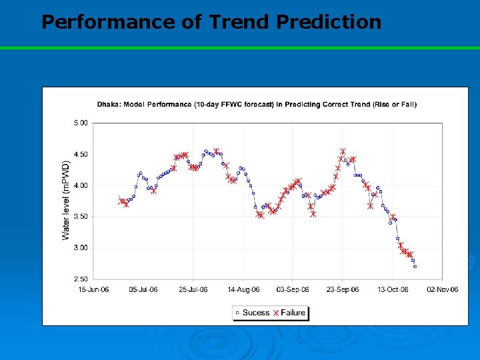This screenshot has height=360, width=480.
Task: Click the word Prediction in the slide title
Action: coord(328,22)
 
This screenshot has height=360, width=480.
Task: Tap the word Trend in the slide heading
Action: coord(239,22)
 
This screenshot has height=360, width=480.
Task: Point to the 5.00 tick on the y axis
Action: coord(80,123)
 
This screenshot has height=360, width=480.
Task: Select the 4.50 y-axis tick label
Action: coord(80,154)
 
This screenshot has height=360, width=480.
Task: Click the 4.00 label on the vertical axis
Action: coord(80,185)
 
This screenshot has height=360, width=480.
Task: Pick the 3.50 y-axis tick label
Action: coord(80,217)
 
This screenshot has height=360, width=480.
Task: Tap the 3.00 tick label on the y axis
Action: coord(80,248)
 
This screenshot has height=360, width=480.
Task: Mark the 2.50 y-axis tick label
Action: coord(80,279)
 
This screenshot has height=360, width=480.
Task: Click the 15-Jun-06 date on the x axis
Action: coord(93,289)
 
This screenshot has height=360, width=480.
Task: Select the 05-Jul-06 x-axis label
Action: coord(143,289)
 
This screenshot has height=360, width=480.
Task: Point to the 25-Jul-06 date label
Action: coord(193,289)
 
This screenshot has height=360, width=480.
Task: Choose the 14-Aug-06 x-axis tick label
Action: coord(243,289)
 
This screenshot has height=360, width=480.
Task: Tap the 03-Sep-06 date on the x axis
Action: coord(293,289)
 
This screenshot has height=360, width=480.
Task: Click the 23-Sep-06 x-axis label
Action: coord(343,289)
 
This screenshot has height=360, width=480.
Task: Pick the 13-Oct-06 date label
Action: coord(392,289)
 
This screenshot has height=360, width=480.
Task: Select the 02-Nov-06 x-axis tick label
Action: coord(442,289)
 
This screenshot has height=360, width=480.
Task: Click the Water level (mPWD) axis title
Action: coord(66,200)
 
